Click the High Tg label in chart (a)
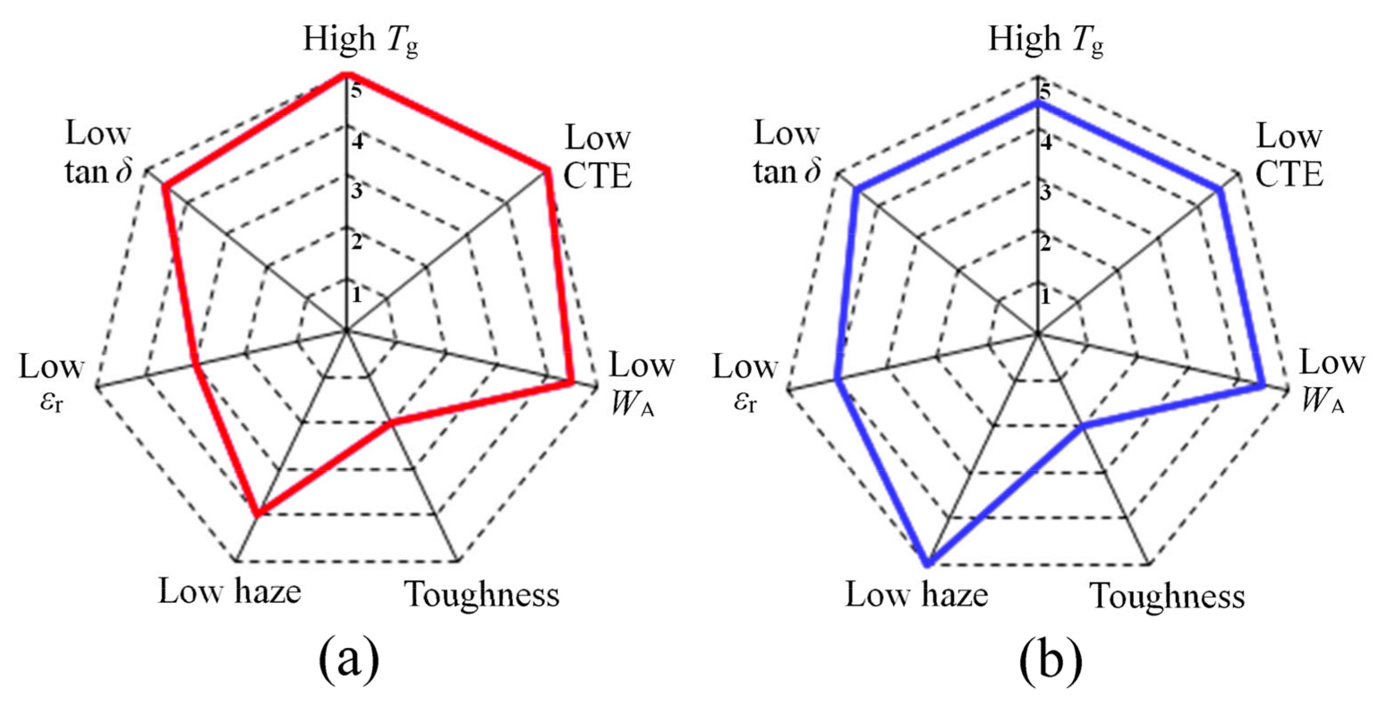360,41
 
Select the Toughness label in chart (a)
482,595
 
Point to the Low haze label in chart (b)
917,595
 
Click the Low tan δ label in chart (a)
98,153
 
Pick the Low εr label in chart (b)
745,382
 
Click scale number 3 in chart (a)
357,192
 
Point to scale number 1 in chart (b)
1045,296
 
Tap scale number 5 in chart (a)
356,90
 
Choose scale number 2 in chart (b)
1045,243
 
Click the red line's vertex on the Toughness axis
391,424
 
